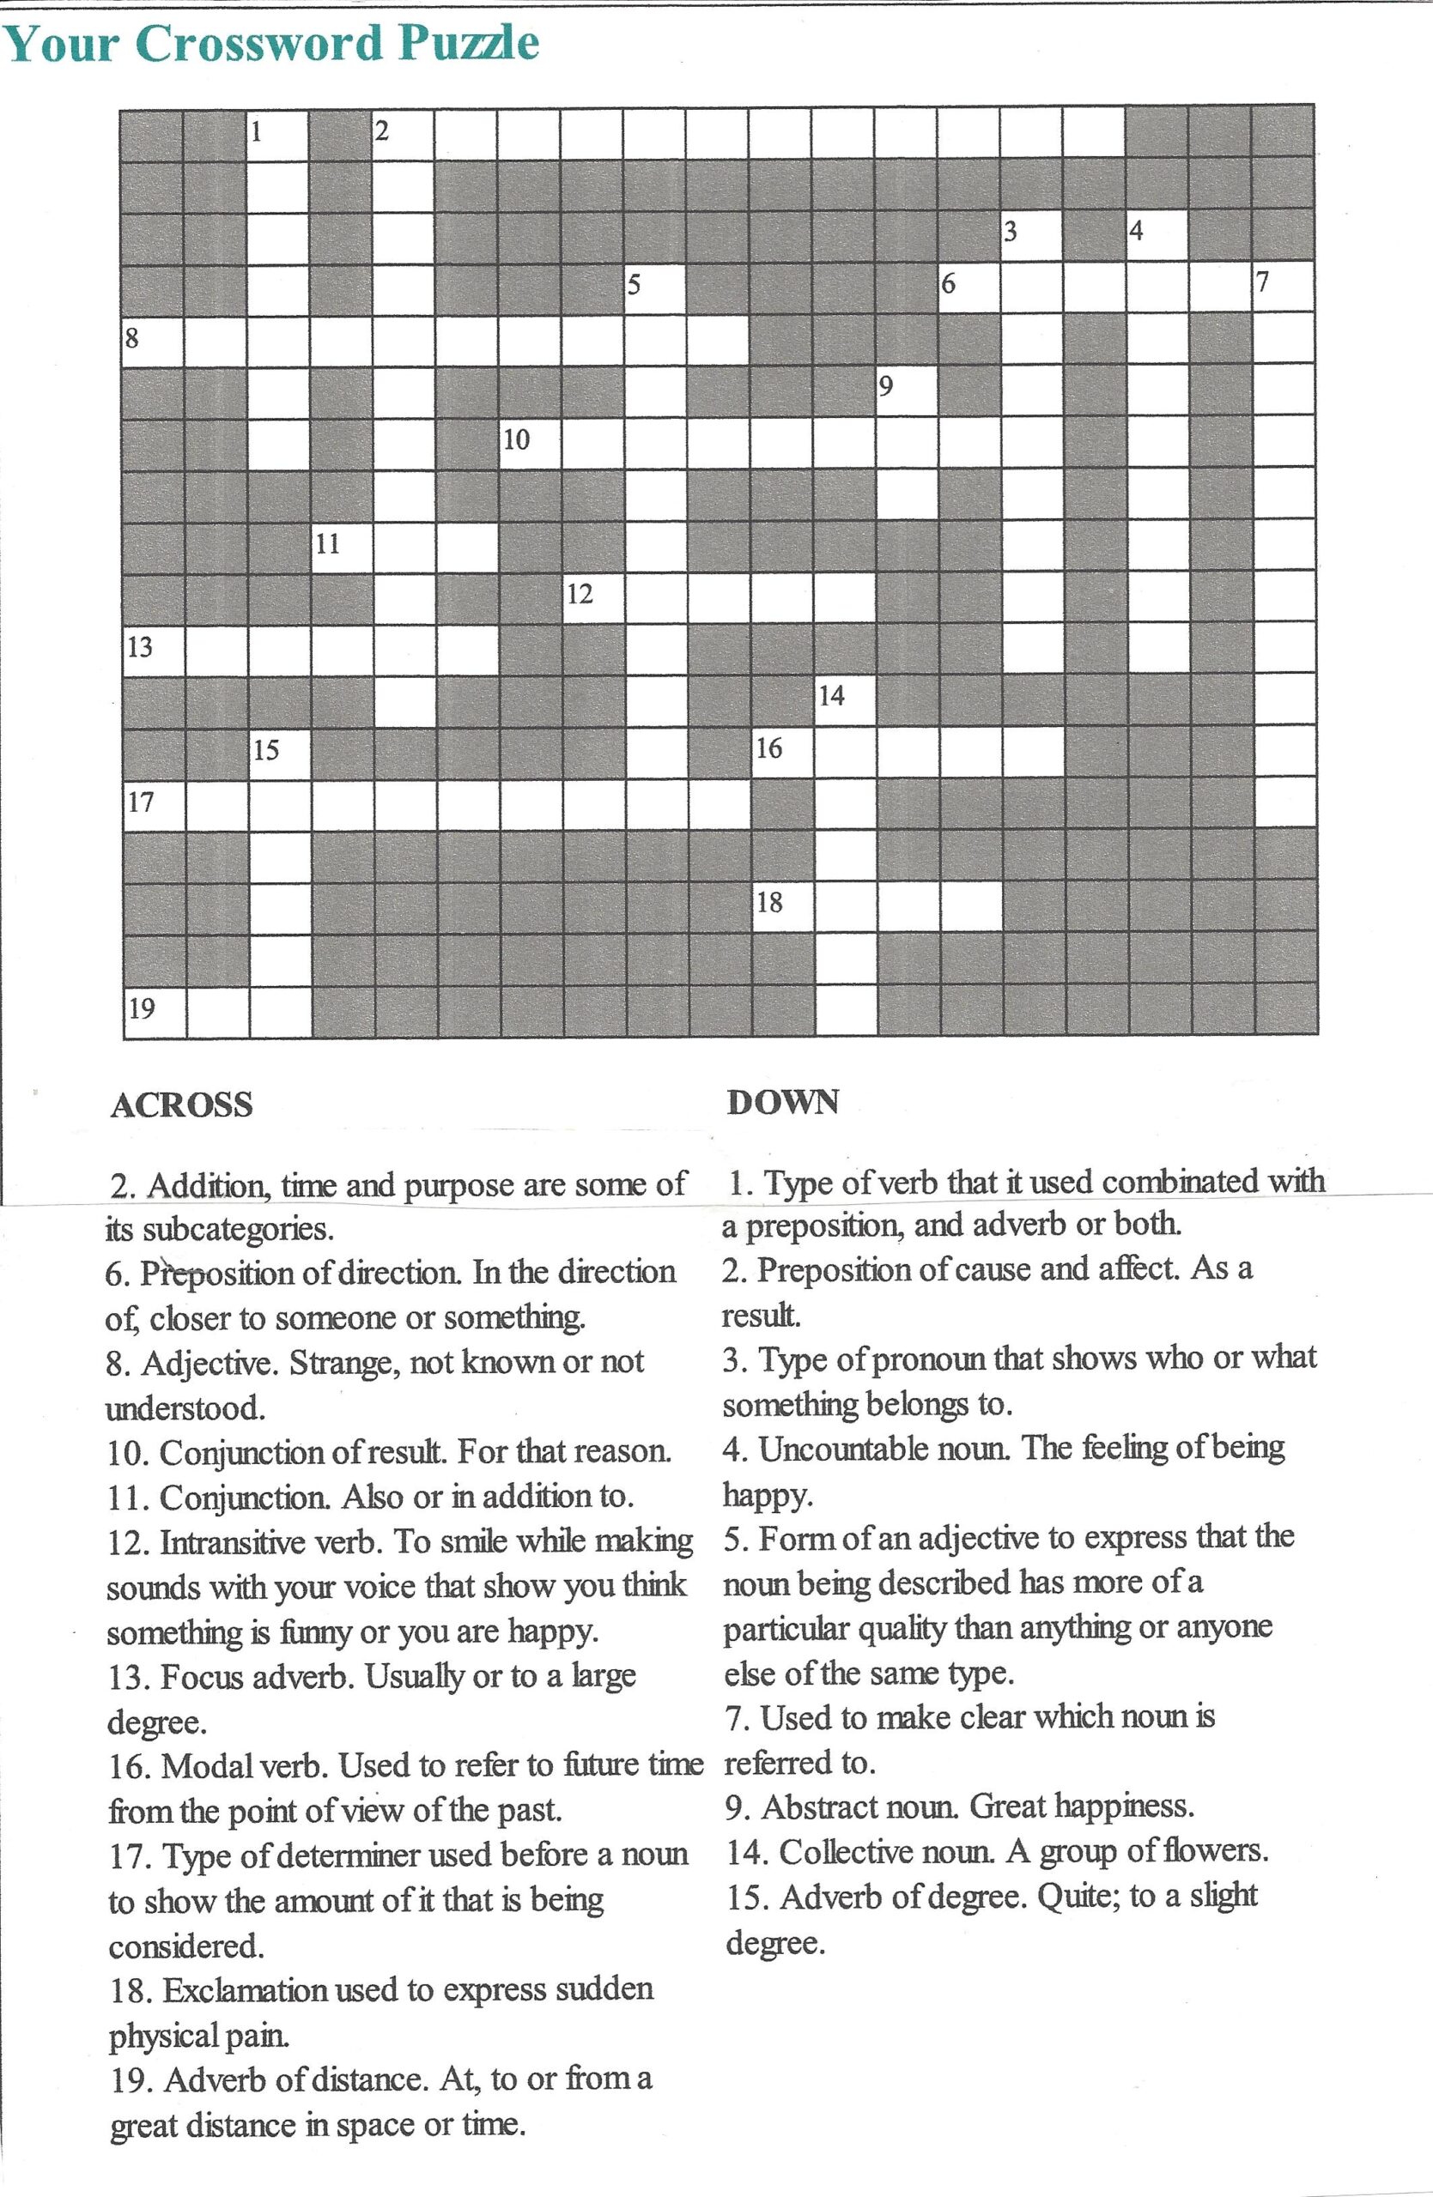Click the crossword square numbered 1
(x=277, y=136)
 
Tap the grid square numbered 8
(x=154, y=342)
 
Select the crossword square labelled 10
(x=530, y=446)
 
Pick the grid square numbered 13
(x=154, y=651)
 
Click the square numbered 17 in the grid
(x=154, y=807)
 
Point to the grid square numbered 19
(x=154, y=1013)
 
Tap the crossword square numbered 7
(x=1284, y=288)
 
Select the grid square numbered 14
(x=845, y=704)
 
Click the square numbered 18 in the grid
(x=782, y=908)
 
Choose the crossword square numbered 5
(x=654, y=290)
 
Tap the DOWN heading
(x=783, y=1102)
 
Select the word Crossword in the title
(x=262, y=44)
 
